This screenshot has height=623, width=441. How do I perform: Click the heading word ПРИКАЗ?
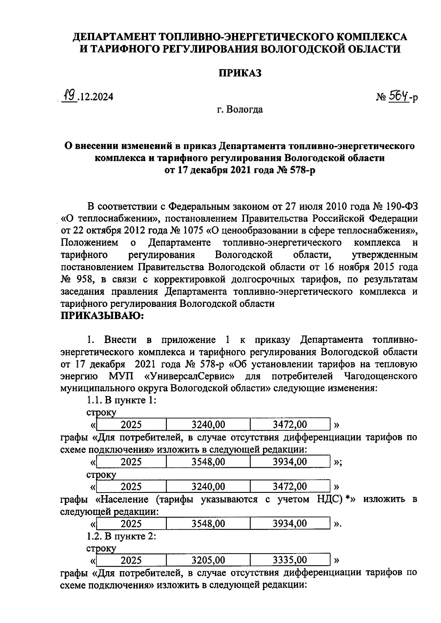[240, 73]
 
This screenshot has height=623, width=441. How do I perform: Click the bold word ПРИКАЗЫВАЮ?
[102, 316]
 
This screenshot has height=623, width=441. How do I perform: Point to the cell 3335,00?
[290, 560]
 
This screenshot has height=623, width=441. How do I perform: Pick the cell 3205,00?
[208, 560]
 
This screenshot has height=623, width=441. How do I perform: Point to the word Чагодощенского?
[381, 376]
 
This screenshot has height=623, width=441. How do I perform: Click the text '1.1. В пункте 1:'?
[122, 400]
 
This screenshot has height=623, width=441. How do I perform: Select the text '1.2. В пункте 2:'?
[122, 536]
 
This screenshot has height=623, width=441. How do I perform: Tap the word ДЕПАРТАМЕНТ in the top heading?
[114, 37]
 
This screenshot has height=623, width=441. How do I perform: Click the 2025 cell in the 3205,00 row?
[131, 560]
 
